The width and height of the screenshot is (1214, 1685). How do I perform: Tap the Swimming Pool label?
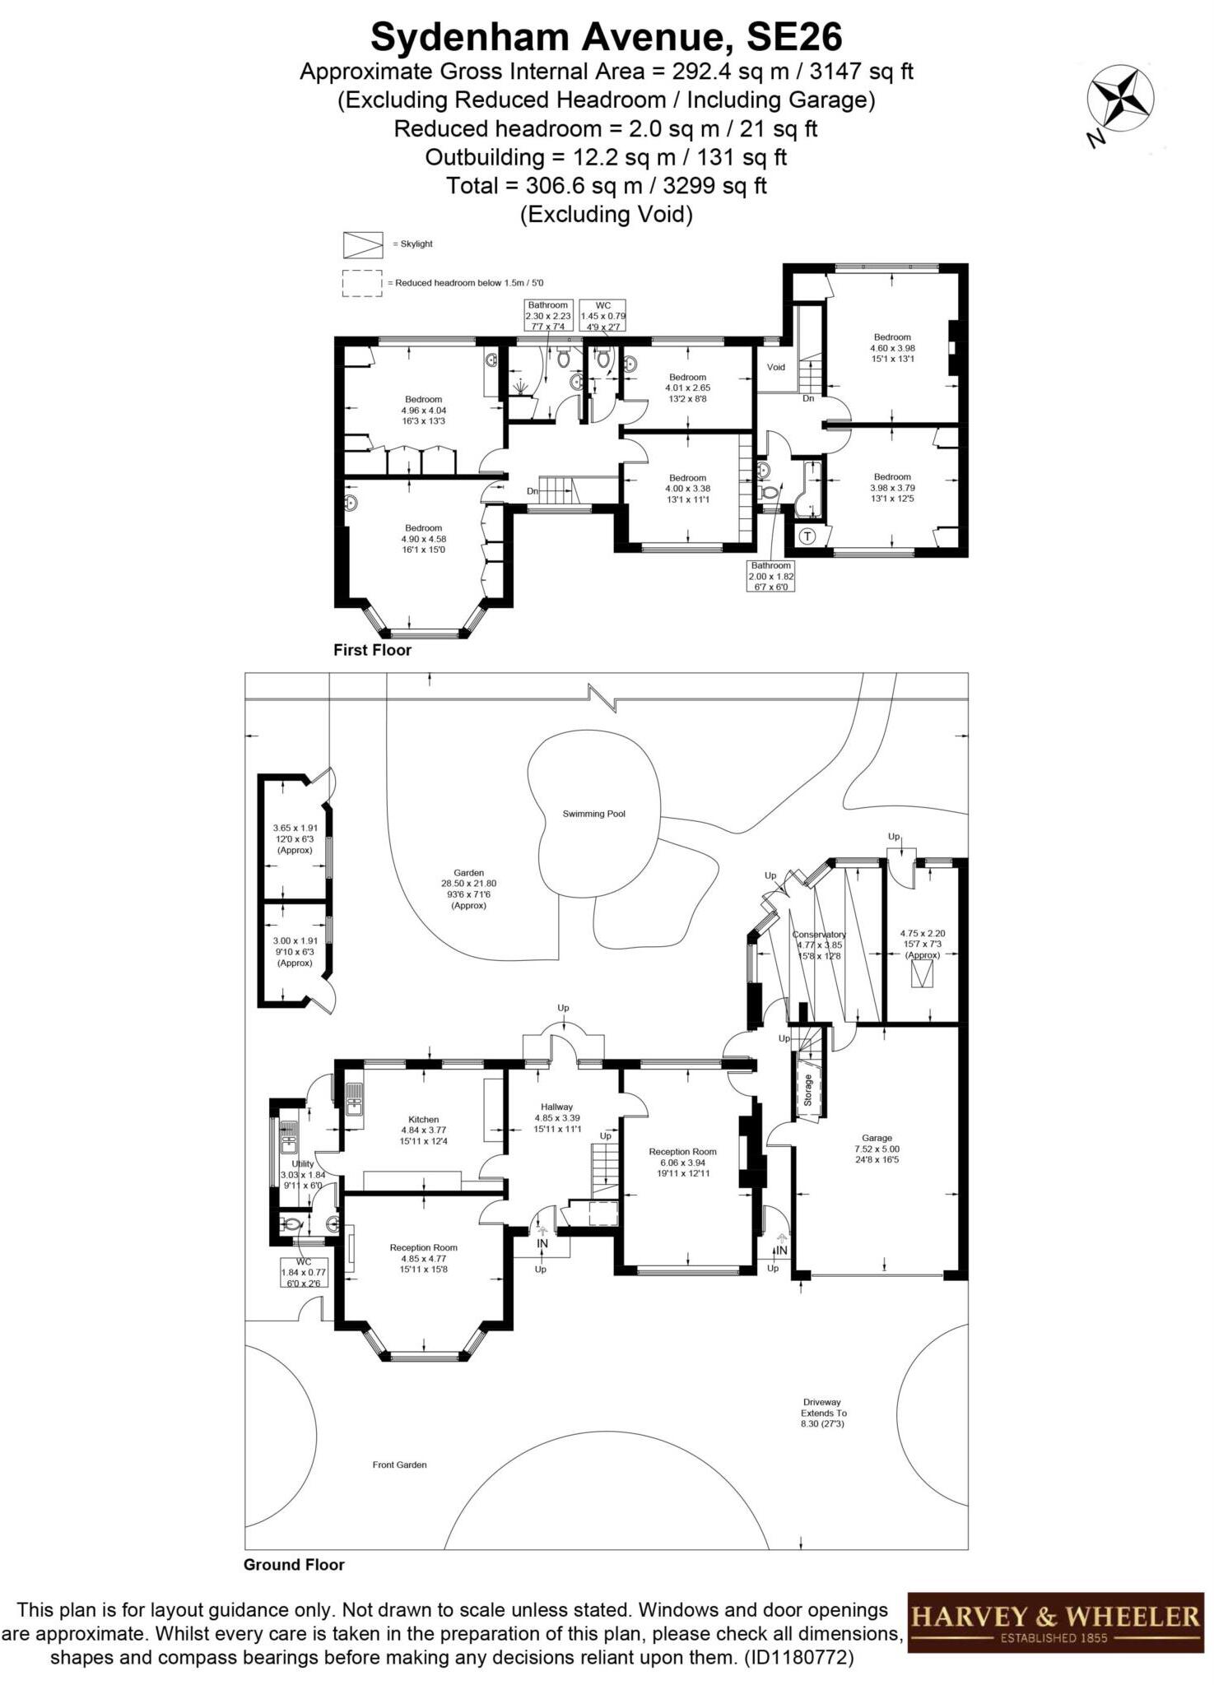[593, 814]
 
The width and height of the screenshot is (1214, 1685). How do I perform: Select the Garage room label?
[877, 1138]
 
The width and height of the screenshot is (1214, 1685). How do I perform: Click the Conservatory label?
[818, 935]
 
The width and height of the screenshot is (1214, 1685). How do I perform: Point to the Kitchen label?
[423, 1119]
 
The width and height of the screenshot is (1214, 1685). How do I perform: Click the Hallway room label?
[556, 1107]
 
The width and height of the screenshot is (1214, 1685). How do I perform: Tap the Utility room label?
[302, 1164]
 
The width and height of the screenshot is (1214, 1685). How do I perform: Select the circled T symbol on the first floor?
[807, 536]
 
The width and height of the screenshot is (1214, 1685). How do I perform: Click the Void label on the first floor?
[775, 367]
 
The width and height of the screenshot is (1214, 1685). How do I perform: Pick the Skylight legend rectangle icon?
[363, 244]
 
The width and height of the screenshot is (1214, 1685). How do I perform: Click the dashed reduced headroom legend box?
[363, 283]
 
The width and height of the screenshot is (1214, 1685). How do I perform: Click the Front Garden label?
[399, 1465]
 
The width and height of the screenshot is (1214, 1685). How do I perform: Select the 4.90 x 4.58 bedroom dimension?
[423, 539]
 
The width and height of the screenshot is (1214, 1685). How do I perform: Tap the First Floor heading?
[372, 650]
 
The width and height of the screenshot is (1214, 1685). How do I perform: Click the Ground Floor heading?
[294, 1565]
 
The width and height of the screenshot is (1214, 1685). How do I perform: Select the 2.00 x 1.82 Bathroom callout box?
[770, 576]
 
